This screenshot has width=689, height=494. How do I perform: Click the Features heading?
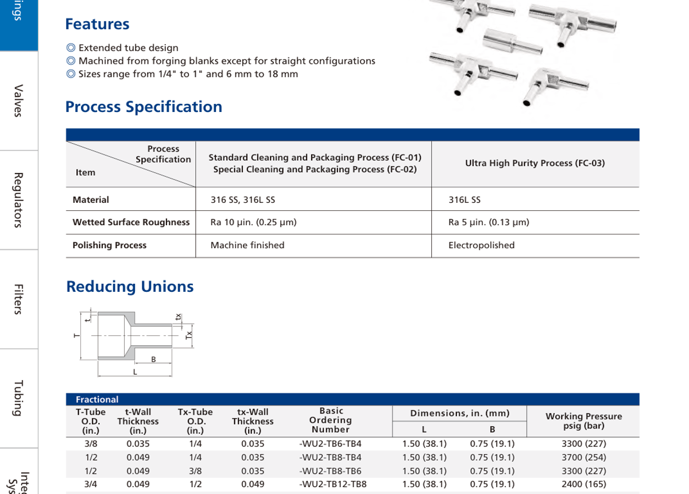point(97,24)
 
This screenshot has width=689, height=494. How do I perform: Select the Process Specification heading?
point(144,107)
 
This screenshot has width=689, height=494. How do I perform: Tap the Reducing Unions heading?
point(130,287)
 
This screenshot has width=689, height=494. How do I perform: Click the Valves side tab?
point(18,101)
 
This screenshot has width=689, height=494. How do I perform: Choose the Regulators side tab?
point(18,199)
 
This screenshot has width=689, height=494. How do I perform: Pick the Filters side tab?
point(18,299)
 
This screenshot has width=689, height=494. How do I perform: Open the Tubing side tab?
point(18,397)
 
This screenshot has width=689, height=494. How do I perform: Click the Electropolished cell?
point(481,245)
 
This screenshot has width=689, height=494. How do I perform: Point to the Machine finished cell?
point(247,245)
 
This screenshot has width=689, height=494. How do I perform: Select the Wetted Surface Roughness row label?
point(131,222)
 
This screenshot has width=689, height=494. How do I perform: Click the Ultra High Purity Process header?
point(535,163)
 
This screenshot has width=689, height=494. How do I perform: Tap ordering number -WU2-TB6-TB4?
point(331,443)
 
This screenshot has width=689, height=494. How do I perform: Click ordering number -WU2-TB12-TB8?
point(333,484)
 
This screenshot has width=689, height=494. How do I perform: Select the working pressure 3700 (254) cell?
point(583,457)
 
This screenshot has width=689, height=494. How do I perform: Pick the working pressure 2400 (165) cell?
point(583,484)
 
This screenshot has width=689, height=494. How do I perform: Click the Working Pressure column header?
point(583,421)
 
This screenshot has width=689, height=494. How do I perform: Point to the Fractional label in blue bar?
point(97,399)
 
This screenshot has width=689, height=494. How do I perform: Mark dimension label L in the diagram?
point(135,372)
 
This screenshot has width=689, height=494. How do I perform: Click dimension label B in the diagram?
point(153,360)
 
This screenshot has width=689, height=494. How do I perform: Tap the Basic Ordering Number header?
point(331,420)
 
